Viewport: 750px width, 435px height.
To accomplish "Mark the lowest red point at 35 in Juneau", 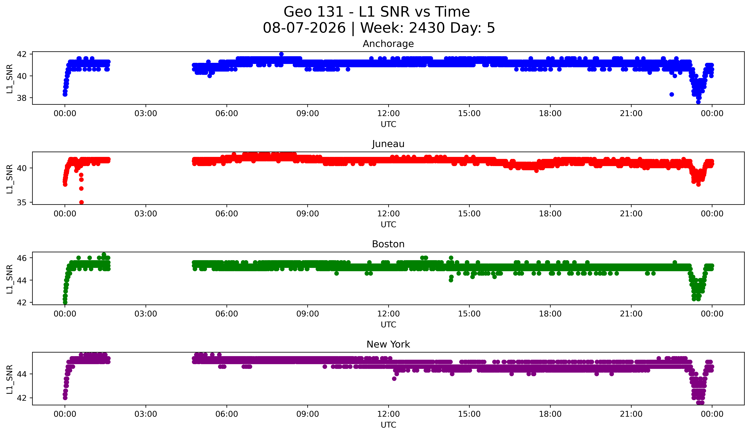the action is [81, 202].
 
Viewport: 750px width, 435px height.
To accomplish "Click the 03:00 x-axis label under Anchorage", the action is [146, 113].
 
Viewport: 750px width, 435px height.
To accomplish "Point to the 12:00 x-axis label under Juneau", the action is [388, 214].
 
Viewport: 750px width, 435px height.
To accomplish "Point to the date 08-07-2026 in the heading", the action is [304, 28].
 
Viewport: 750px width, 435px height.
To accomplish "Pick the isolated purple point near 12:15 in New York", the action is [394, 378].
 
